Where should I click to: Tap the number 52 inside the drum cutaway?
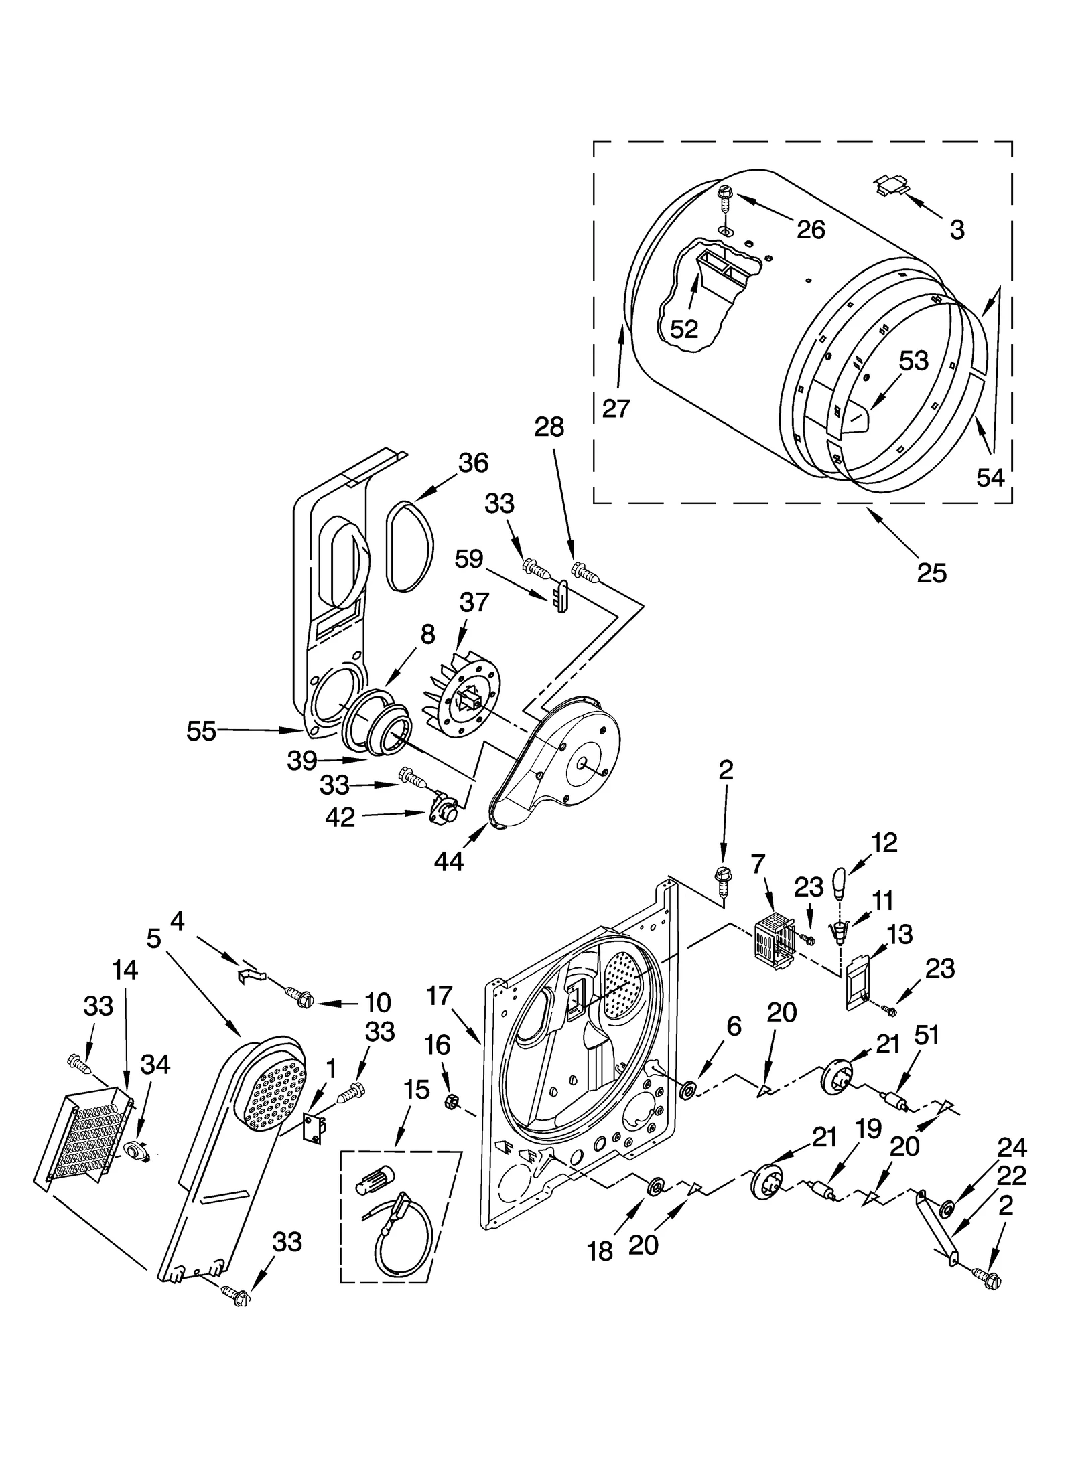(x=684, y=329)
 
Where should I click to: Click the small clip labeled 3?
(x=891, y=185)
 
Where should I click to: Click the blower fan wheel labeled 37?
(x=462, y=697)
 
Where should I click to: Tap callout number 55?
(x=201, y=731)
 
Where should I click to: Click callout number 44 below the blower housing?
(x=448, y=861)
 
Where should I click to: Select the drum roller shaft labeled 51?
(x=894, y=1101)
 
